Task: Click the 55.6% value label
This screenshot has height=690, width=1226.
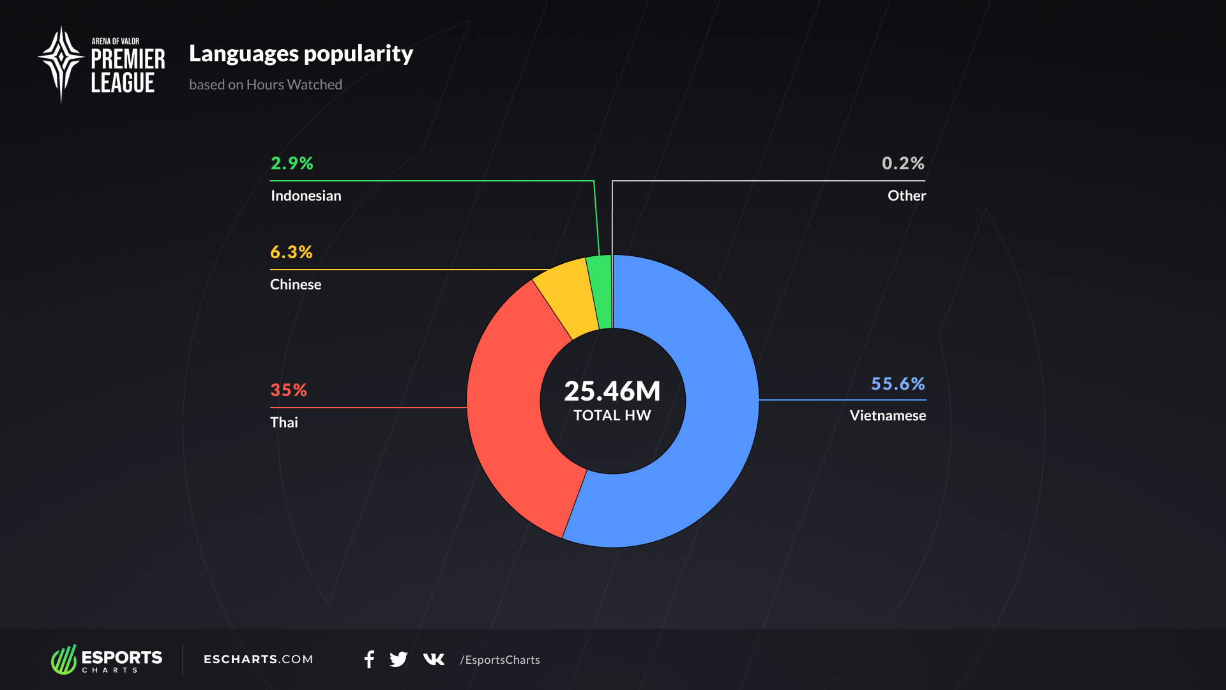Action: click(x=898, y=384)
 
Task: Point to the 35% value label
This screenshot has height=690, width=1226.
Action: click(x=289, y=390)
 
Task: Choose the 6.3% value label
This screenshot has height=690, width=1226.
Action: click(x=291, y=252)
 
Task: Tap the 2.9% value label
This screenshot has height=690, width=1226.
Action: click(x=292, y=164)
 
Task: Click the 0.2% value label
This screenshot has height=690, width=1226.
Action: click(x=903, y=164)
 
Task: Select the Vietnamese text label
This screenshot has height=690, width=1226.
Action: click(x=888, y=416)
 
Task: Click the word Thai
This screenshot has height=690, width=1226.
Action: click(x=284, y=423)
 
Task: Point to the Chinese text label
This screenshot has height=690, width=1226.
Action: click(x=296, y=285)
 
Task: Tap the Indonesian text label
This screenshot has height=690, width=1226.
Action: click(x=306, y=196)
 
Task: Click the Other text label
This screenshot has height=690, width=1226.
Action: click(x=906, y=196)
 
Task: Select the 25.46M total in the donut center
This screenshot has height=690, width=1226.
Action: click(x=612, y=391)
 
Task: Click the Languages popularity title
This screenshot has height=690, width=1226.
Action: click(x=301, y=54)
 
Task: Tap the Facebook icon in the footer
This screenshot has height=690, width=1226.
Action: click(x=369, y=659)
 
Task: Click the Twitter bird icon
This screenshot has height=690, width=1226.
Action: click(x=398, y=659)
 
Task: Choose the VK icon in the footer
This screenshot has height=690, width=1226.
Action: click(x=434, y=659)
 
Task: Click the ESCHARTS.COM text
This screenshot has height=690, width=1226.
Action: click(x=258, y=659)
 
